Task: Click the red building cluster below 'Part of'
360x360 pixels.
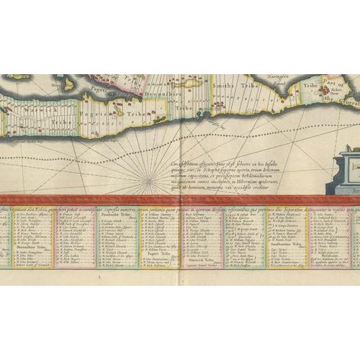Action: pos(338,101)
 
